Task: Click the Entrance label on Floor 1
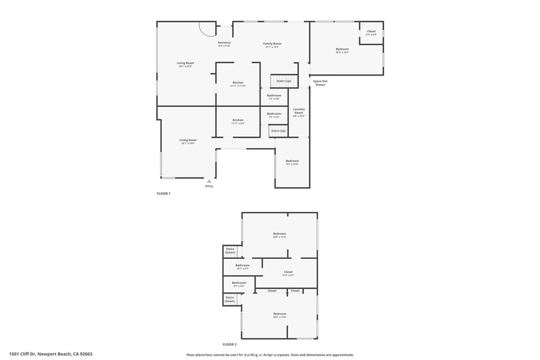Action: click(224, 43)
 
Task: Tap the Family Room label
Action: click(272, 44)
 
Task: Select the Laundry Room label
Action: click(298, 111)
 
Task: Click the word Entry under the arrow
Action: click(209, 186)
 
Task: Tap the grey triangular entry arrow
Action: click(209, 181)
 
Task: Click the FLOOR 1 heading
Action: click(163, 193)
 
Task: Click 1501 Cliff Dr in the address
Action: click(23, 354)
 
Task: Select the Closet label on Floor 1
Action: click(371, 31)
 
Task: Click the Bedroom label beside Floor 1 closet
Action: click(342, 49)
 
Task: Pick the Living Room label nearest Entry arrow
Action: click(188, 140)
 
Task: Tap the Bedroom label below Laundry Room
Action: click(292, 161)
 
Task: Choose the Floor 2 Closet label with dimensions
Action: click(288, 272)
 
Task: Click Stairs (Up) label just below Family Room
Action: click(284, 81)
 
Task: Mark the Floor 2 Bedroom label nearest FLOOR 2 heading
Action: click(279, 314)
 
